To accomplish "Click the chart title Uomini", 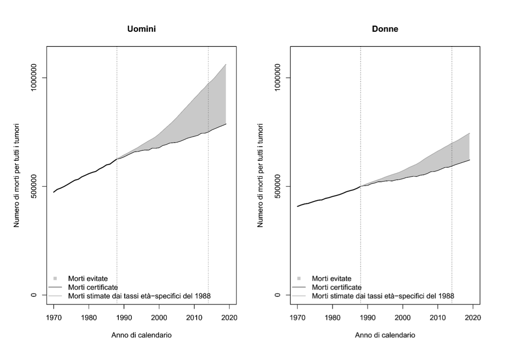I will tap(141, 29).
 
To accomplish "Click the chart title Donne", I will tap(385, 29).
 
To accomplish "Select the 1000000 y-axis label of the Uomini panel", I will tap(35, 77).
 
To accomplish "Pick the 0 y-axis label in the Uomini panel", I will tap(35, 295).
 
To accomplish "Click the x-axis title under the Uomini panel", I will tap(141, 335).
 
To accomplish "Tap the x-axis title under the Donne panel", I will tap(385, 335).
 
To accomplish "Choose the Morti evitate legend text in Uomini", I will tap(88, 279).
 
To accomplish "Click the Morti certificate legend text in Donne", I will tap(336, 287).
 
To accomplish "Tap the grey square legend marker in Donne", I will tap(299, 278).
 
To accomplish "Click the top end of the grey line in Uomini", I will tap(226, 64).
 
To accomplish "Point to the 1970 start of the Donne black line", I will tap(297, 206).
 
